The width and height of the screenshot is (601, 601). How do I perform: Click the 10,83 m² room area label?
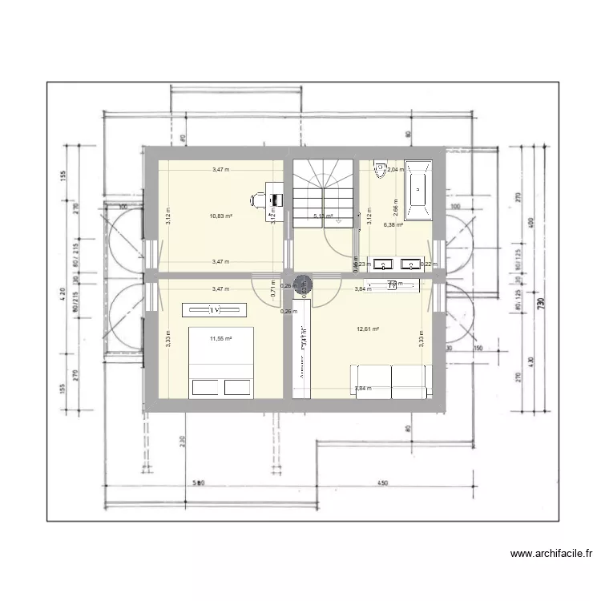[221, 216]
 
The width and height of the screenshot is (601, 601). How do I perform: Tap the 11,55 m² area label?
[220, 339]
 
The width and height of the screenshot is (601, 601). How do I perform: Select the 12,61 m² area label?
[368, 329]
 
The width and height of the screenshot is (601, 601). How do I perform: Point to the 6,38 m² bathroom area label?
[393, 225]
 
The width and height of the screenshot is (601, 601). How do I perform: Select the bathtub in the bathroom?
[417, 191]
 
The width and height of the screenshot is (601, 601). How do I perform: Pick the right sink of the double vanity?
[410, 263]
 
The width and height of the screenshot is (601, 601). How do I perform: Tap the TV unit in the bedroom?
[215, 309]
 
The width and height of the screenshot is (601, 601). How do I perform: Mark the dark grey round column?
[303, 282]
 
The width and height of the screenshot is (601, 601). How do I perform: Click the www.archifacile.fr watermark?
[552, 553]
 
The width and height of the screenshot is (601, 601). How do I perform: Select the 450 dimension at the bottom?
[384, 483]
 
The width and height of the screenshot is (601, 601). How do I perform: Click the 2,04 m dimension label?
[397, 170]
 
